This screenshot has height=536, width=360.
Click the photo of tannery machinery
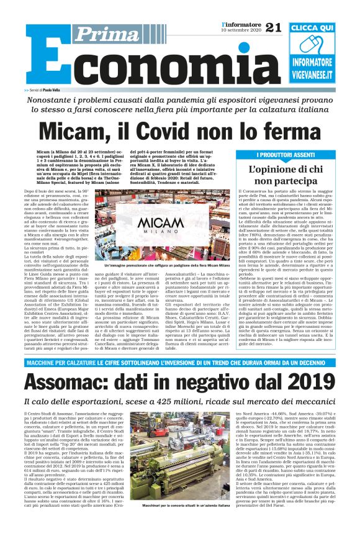pyautogui.click(x=179, y=465)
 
